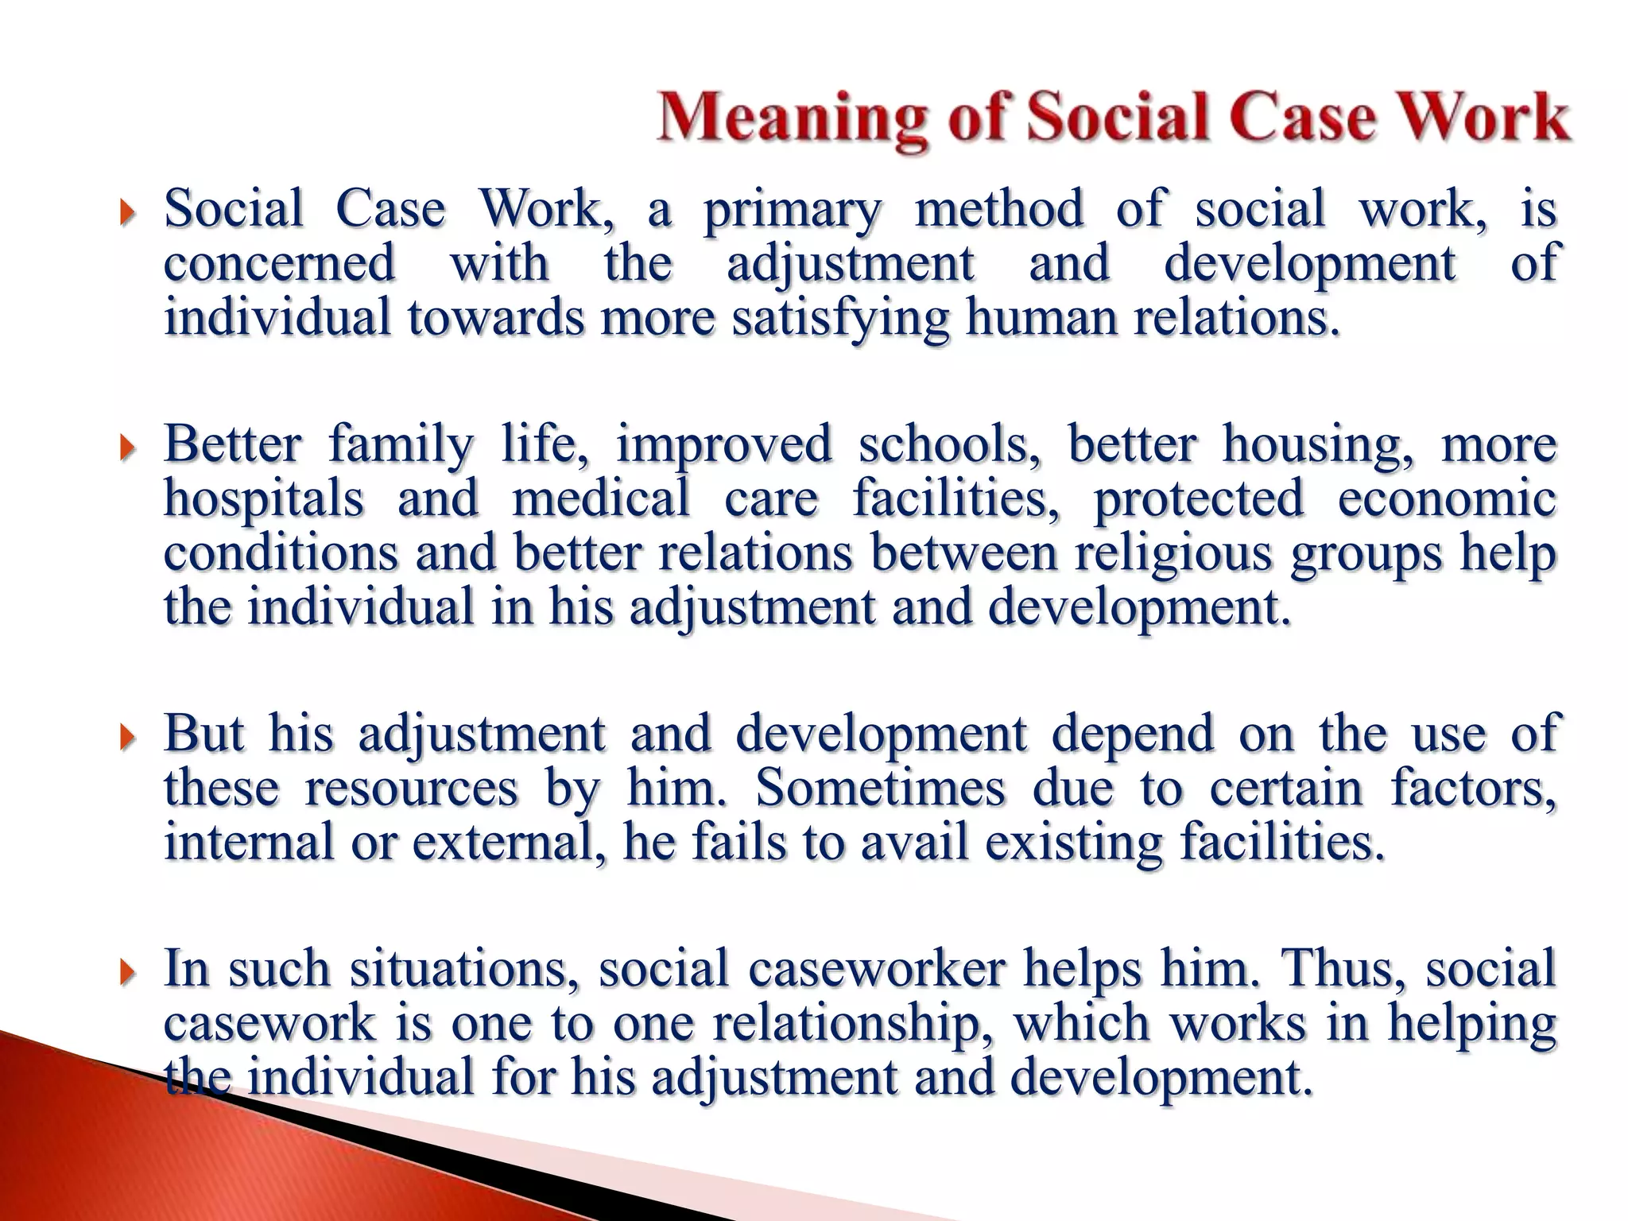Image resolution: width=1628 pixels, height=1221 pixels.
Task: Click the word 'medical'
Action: pos(601,498)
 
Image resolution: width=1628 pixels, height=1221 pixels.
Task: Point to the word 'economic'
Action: pos(1447,498)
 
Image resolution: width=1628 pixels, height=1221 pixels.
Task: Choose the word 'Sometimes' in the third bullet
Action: pos(879,788)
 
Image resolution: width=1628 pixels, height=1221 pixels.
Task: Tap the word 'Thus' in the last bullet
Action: pos(1343,969)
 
